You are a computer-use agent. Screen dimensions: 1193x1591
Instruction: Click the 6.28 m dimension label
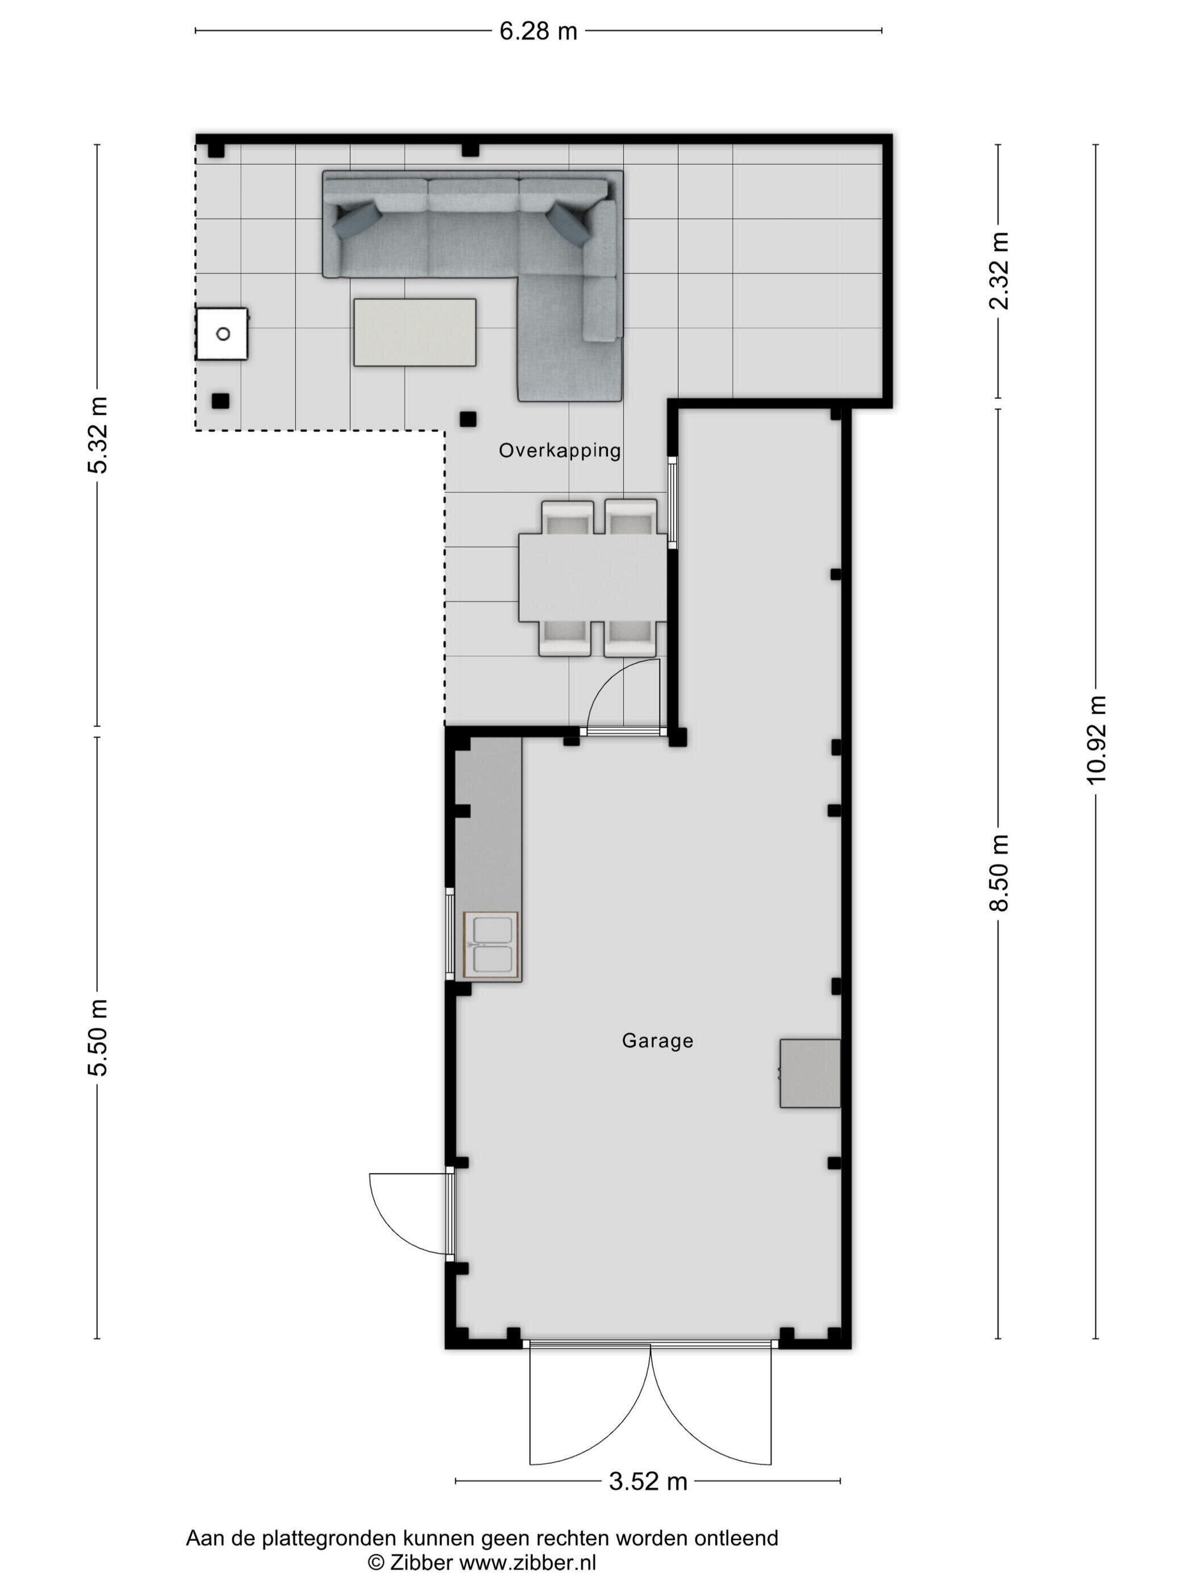point(538,31)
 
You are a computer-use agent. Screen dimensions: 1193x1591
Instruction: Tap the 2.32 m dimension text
point(999,270)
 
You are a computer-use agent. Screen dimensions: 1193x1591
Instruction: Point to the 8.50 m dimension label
point(999,872)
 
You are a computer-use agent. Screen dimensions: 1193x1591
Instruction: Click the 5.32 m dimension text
point(98,435)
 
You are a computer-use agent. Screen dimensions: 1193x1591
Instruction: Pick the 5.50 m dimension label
point(98,1037)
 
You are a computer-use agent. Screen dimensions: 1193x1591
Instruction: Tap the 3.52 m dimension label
point(648,1502)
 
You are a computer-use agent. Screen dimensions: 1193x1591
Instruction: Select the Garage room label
point(657,1041)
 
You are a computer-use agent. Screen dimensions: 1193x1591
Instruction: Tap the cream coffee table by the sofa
point(415,332)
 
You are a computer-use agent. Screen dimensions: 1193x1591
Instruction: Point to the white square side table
point(222,334)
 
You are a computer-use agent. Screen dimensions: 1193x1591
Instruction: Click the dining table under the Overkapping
point(593,577)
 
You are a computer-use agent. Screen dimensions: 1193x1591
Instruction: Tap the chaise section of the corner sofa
point(570,336)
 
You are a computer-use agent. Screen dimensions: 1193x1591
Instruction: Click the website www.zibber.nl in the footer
point(527,1561)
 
